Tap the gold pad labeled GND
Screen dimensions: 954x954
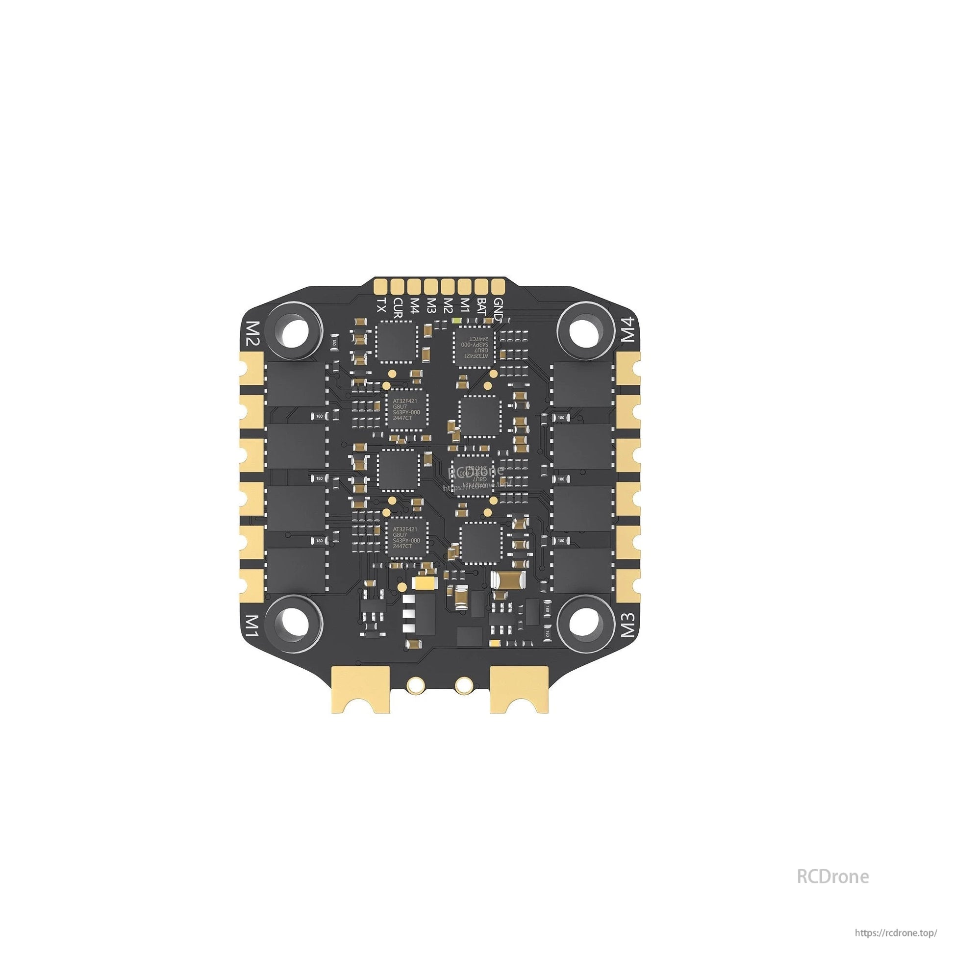[x=498, y=285]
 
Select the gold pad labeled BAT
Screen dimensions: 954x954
[x=481, y=285]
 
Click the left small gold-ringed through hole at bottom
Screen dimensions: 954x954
[x=416, y=684]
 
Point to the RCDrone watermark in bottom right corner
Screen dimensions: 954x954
[x=832, y=876]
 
